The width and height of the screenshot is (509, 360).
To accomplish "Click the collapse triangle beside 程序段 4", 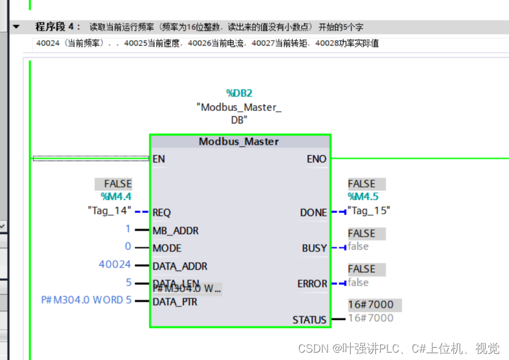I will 16,27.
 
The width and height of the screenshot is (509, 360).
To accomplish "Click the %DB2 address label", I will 239,93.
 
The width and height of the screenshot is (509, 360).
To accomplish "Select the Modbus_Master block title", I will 239,142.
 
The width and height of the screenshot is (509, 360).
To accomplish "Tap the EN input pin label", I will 159,159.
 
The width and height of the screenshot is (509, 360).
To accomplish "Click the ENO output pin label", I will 316,159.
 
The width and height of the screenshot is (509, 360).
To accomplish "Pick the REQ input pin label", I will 161,213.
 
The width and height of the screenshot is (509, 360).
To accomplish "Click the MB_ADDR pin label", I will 175,231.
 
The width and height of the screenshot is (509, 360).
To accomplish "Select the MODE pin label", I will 167,248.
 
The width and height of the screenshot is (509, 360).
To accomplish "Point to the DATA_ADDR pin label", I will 180,266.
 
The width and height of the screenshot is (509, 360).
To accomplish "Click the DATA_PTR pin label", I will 175,302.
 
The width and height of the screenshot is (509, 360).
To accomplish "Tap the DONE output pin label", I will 313,213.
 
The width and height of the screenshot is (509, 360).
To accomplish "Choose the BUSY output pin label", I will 314,248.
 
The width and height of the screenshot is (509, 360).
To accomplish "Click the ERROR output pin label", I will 312,284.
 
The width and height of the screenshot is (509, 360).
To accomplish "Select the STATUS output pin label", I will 310,320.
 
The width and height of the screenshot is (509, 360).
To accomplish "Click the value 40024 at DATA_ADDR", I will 115,264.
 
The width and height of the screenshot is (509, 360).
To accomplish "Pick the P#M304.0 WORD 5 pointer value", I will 86,301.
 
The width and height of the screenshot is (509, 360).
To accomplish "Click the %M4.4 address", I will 117,196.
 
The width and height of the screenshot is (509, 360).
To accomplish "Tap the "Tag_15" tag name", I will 369,210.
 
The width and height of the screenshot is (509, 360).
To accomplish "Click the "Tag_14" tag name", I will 110,210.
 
